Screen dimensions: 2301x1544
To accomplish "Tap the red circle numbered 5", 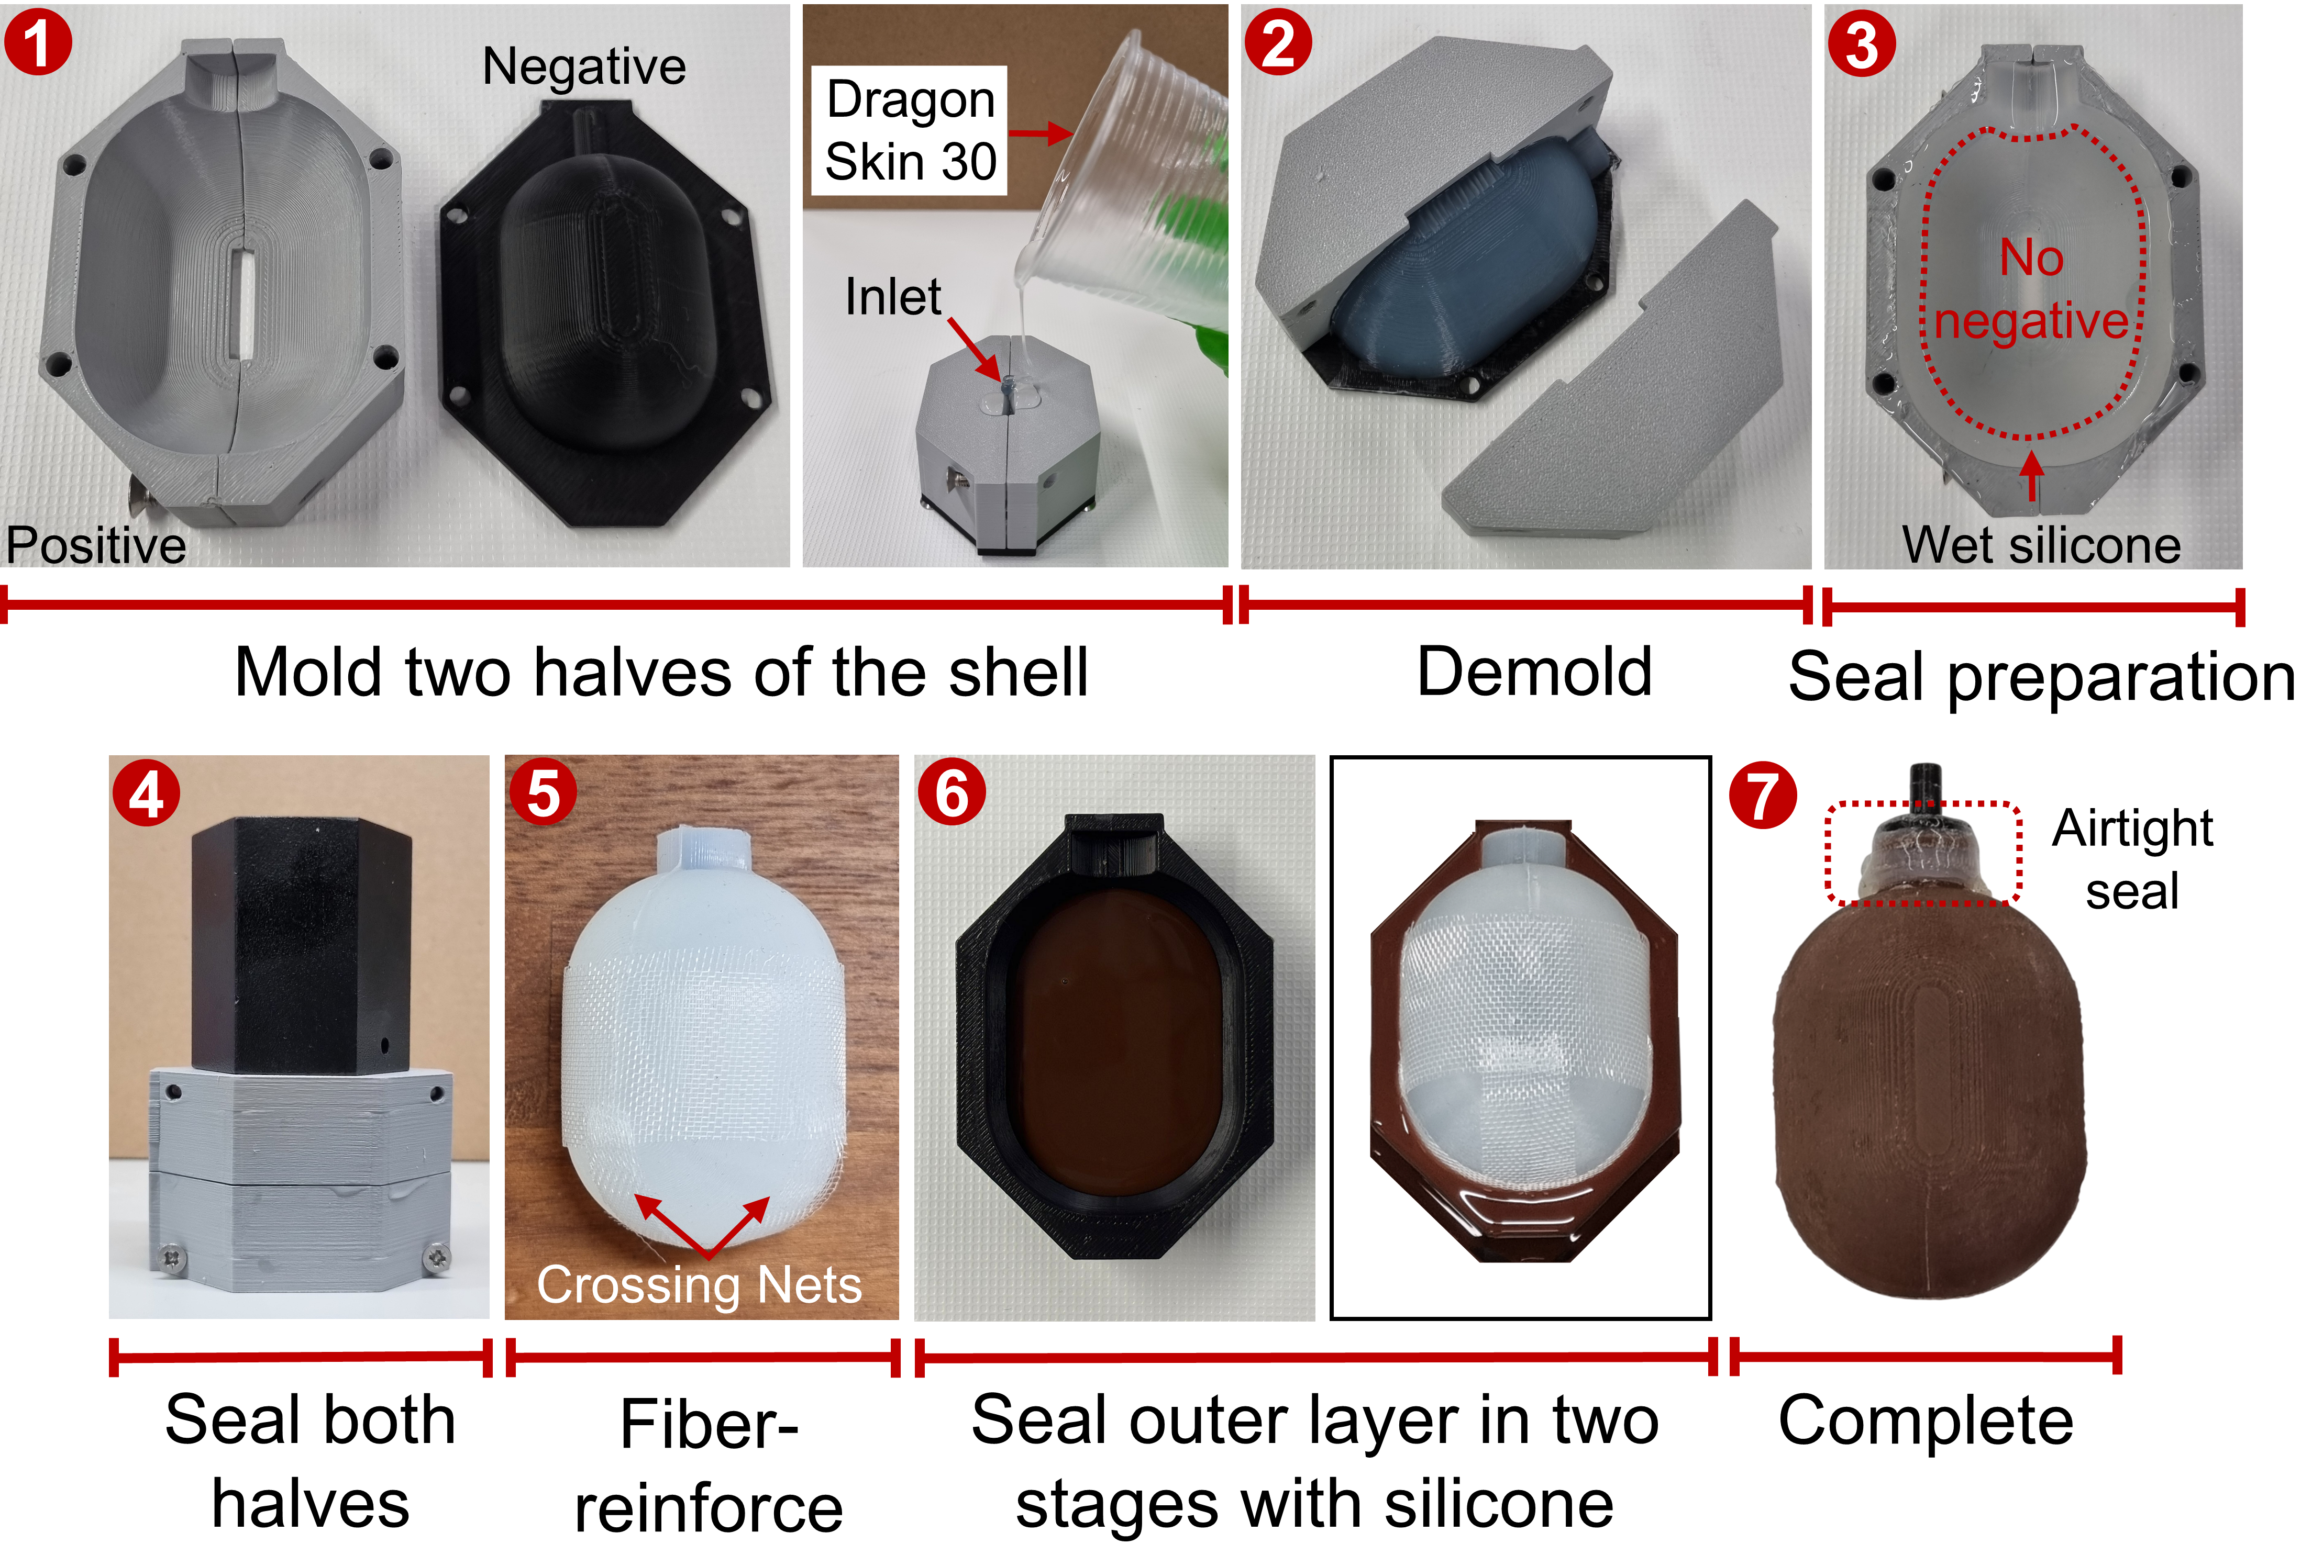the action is [x=543, y=793].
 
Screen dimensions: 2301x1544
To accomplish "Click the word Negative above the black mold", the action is [x=583, y=67].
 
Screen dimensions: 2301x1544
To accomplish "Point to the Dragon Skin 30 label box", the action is [x=909, y=130].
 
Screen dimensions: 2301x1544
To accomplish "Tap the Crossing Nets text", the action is [x=700, y=1284].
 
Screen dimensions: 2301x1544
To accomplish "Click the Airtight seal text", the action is [x=2132, y=859].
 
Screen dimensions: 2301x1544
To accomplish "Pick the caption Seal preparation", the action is [x=2041, y=677].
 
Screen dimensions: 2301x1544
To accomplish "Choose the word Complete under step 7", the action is [x=1926, y=1421].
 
